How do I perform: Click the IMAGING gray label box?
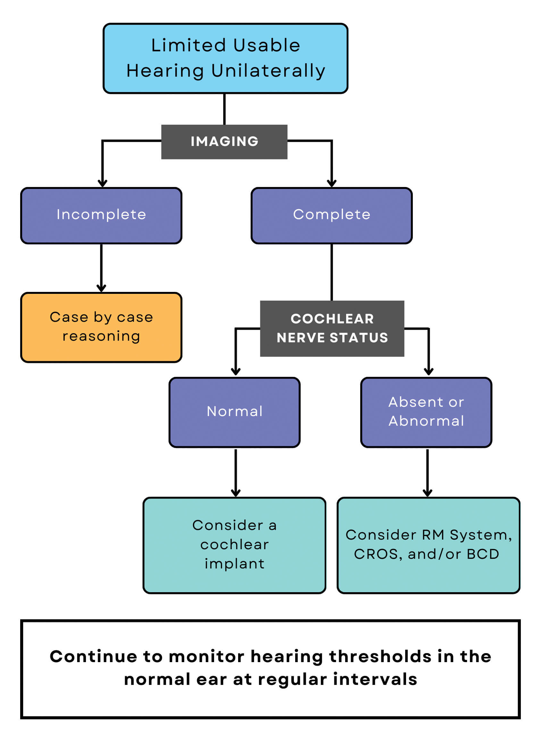click(x=224, y=141)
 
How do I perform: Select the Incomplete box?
click(x=101, y=215)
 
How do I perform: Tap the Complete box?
click(x=331, y=215)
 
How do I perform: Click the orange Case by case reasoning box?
click(x=101, y=327)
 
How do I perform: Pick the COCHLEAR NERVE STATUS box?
click(x=332, y=328)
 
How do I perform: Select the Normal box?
click(x=235, y=412)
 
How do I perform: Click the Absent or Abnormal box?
click(x=426, y=412)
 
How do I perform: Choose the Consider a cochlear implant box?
click(x=235, y=544)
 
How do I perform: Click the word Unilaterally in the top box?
click(x=268, y=71)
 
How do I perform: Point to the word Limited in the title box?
click(x=188, y=45)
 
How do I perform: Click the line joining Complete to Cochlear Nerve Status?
click(x=332, y=272)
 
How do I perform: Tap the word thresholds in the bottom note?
click(x=380, y=657)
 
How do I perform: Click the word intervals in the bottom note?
click(x=375, y=679)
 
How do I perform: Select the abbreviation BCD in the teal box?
click(x=483, y=554)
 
